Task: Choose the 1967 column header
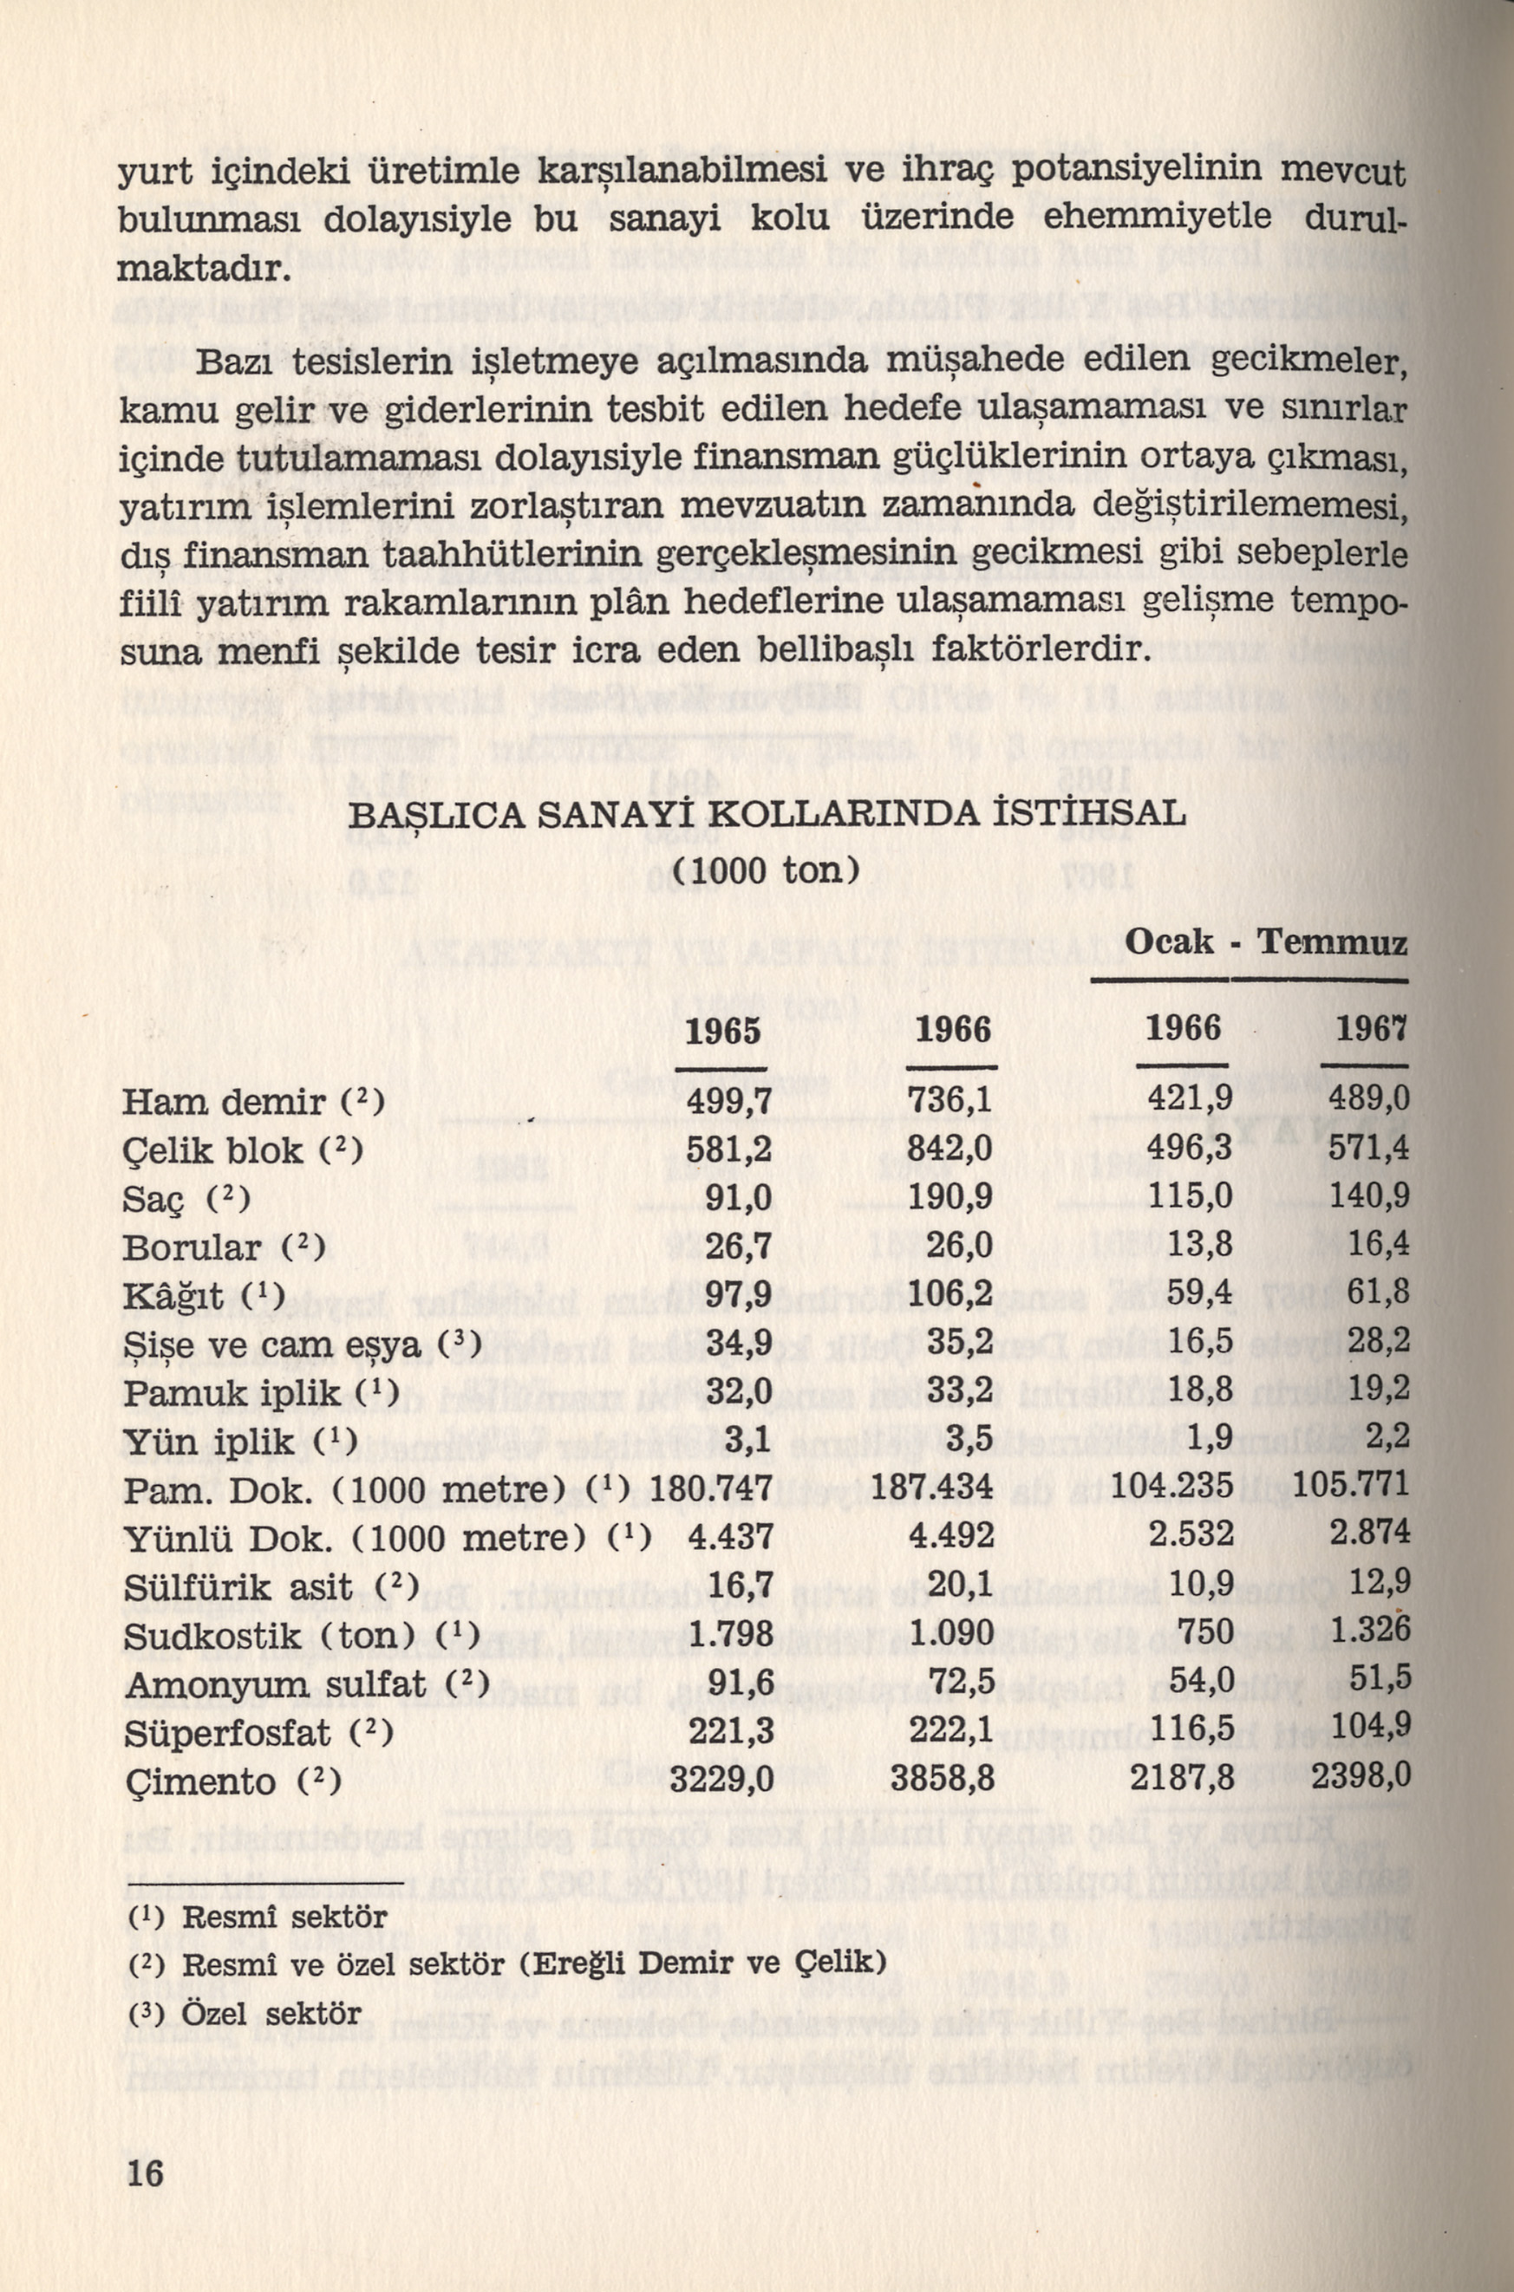click(x=1370, y=1031)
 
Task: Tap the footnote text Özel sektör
click(x=271, y=2014)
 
